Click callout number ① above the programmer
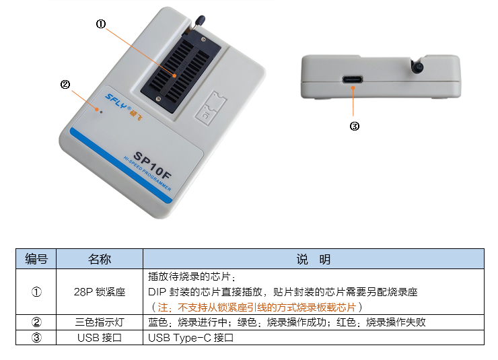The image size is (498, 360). (101, 24)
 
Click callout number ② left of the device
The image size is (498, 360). (65, 84)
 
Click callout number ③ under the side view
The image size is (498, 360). (355, 126)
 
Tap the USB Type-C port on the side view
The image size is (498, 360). (352, 79)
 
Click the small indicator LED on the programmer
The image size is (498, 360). (102, 112)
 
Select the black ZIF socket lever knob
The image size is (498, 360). (200, 21)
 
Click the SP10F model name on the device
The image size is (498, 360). (153, 165)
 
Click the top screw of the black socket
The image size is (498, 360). (204, 39)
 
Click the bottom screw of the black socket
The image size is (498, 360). (159, 100)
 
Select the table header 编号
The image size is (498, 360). (36, 259)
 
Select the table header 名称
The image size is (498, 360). (100, 259)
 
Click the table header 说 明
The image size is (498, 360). (314, 259)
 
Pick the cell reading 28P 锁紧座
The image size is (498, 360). (100, 292)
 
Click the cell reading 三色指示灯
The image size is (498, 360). (100, 322)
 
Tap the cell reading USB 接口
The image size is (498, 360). (100, 338)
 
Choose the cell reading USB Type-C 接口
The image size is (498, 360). (190, 338)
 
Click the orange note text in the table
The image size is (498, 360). (256, 307)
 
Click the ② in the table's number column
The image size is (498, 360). (36, 322)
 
